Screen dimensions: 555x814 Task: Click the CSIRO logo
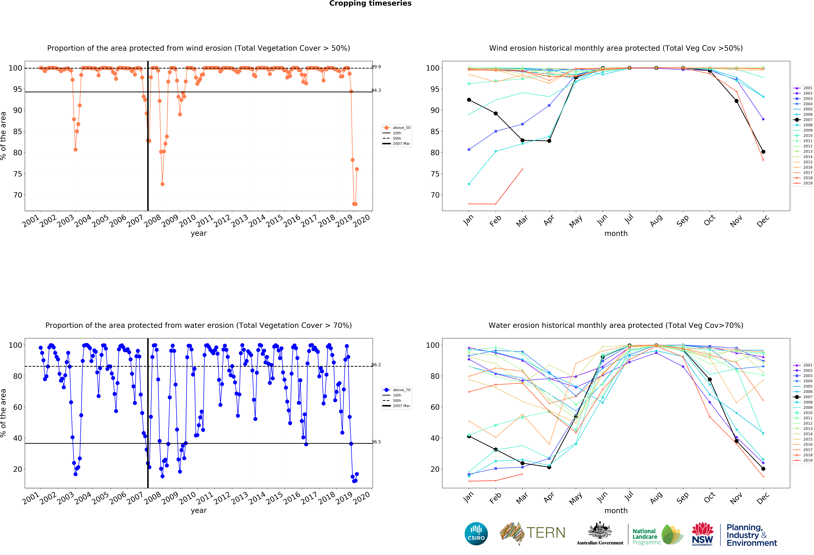(476, 534)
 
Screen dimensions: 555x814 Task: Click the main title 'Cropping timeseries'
(370, 3)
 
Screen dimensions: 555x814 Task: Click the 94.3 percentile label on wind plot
(376, 90)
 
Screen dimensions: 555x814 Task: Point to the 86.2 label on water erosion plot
(376, 365)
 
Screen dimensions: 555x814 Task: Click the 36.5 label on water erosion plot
(376, 442)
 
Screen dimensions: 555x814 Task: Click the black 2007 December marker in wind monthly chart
(763, 152)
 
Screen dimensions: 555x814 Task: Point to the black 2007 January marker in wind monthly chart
(469, 100)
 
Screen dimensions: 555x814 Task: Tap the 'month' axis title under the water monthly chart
(616, 511)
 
